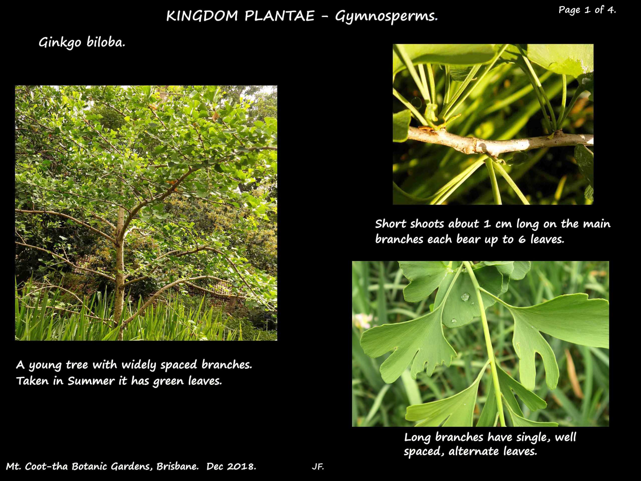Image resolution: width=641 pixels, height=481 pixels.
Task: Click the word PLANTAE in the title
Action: click(279, 16)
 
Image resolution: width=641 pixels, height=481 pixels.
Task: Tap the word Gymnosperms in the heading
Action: click(385, 17)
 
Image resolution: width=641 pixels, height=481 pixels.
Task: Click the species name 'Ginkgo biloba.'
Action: click(82, 43)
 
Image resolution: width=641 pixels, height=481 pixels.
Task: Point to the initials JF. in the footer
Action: click(318, 467)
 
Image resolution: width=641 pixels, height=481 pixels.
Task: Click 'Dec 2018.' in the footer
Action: click(231, 466)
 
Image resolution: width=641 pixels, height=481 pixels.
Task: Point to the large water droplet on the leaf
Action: click(465, 297)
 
